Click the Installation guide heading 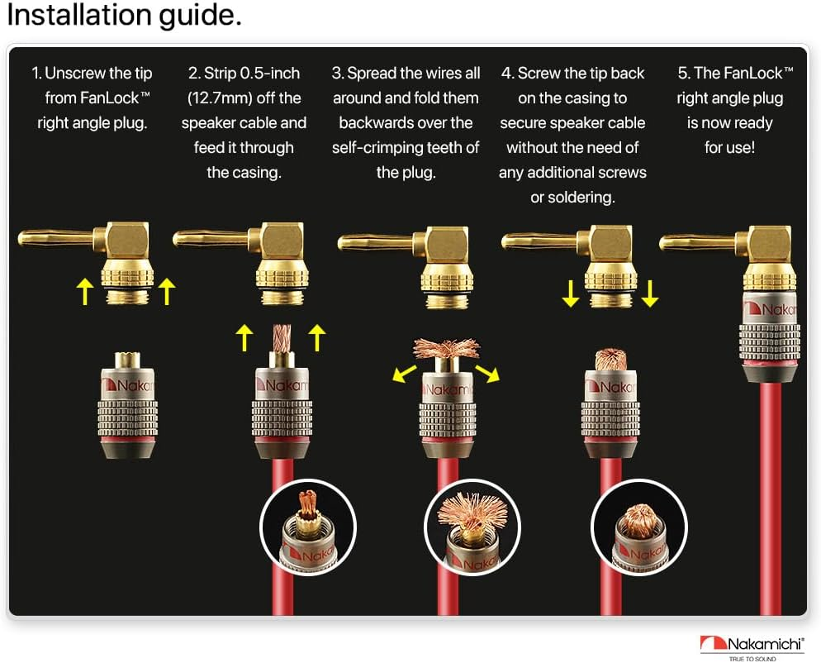(124, 16)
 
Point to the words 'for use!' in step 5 (729, 147)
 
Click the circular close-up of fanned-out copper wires (472, 527)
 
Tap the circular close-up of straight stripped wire (308, 527)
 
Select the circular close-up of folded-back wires (638, 527)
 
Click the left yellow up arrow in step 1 (85, 291)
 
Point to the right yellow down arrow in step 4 (650, 293)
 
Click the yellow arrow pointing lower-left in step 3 (404, 374)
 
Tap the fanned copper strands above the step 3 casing (447, 349)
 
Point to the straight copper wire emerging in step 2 (282, 339)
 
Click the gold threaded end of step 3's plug (447, 302)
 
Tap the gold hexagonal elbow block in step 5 (770, 244)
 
